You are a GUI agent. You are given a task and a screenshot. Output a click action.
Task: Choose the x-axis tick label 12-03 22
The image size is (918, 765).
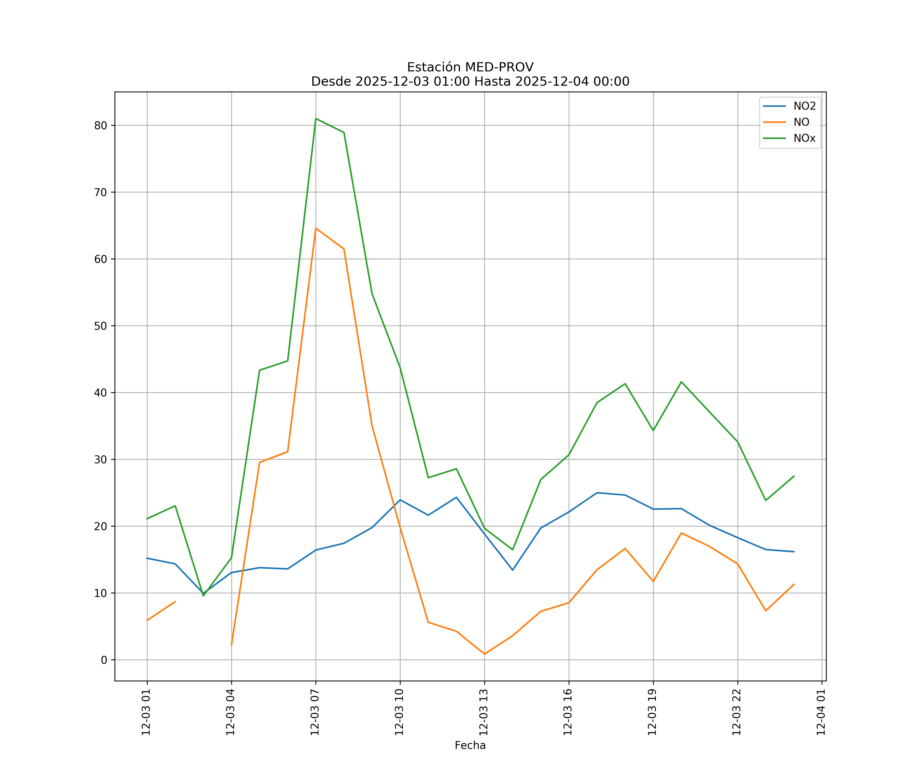(737, 712)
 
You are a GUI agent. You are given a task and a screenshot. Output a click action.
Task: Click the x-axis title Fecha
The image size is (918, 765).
(470, 745)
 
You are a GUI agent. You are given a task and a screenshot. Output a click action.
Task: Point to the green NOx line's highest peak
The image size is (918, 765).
(316, 119)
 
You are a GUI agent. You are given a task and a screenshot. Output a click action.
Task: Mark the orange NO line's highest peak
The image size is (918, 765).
(316, 228)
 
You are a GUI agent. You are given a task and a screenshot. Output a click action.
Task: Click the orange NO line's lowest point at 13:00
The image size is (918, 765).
(484, 654)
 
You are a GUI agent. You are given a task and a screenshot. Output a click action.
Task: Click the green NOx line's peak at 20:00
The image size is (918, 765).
(681, 382)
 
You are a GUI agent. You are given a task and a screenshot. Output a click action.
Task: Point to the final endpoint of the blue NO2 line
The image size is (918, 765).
(794, 552)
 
